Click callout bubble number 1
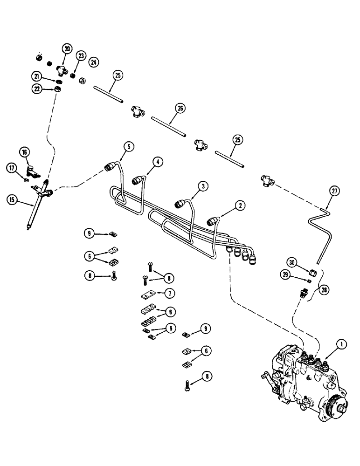tap(343, 345)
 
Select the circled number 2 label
tap(240, 205)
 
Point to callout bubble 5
tap(130, 146)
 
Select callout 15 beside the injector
tap(14, 200)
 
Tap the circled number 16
tap(24, 152)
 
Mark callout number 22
tap(37, 89)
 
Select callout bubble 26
tap(180, 109)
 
